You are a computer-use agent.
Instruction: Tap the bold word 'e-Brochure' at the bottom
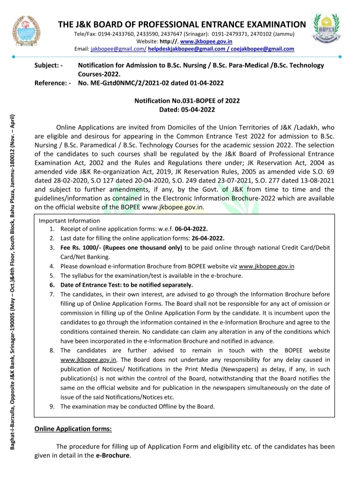point(112,455)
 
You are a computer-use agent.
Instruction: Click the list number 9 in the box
point(52,406)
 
